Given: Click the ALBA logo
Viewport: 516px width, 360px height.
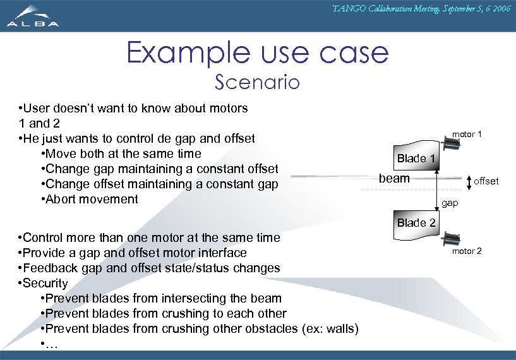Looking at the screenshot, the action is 33,16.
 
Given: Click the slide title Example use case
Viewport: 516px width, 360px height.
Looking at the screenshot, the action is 257,52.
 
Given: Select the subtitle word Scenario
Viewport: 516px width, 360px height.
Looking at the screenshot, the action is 257,83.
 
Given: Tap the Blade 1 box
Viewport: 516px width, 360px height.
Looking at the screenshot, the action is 415,158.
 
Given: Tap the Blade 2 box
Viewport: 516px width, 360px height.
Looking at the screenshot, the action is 415,223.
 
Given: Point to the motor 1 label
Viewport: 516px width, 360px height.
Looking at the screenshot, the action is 467,135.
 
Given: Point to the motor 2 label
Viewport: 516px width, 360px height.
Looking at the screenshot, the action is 467,251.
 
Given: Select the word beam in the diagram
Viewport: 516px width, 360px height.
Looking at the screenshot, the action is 394,179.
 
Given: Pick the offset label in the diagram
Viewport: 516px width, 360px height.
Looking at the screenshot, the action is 486,181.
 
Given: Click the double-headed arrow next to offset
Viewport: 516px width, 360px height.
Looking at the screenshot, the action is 469,182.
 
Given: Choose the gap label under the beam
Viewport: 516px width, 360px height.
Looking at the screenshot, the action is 450,203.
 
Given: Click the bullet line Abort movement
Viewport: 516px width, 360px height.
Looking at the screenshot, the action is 91,199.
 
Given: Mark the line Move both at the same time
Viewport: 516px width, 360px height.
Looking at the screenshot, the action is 123,153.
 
